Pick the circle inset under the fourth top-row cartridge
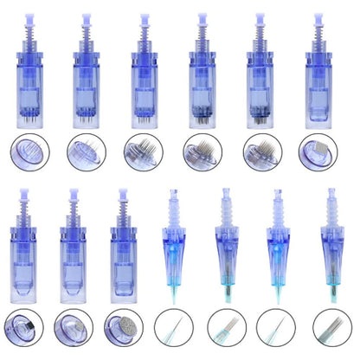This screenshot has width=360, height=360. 201,151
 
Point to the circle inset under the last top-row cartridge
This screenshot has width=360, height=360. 317,151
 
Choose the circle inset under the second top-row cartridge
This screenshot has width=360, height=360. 87,151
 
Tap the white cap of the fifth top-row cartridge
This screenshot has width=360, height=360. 260,16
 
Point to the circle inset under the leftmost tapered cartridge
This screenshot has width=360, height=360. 170,330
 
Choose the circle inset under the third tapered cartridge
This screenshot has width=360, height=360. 278,330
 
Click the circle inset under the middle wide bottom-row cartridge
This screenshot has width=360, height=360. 73,330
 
